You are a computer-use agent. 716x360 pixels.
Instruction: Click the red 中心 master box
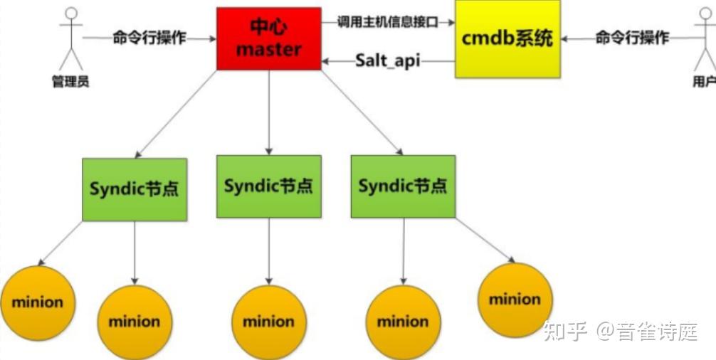[x=268, y=38]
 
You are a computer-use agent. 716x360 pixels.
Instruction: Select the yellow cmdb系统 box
[x=507, y=38]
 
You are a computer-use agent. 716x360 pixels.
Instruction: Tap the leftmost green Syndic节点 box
[x=134, y=189]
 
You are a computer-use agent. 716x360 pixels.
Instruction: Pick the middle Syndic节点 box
[x=268, y=186]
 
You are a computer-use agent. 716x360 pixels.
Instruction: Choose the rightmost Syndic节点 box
[x=403, y=186]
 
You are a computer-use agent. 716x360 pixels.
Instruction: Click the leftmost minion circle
[x=37, y=302]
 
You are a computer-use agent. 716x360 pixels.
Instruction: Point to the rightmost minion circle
[x=515, y=300]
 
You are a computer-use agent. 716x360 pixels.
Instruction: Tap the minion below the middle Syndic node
[x=268, y=322]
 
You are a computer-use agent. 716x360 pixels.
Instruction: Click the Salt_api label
[x=387, y=60]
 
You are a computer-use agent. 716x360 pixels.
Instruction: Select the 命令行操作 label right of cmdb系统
[x=632, y=38]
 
